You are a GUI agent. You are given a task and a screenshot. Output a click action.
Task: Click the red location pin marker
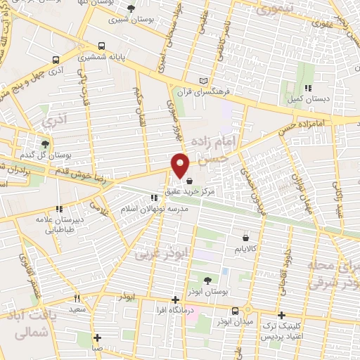click(x=181, y=165)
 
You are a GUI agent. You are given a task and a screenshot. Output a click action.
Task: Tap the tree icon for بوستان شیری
click(x=131, y=8)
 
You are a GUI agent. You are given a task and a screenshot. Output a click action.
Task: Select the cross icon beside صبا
click(x=98, y=337)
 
